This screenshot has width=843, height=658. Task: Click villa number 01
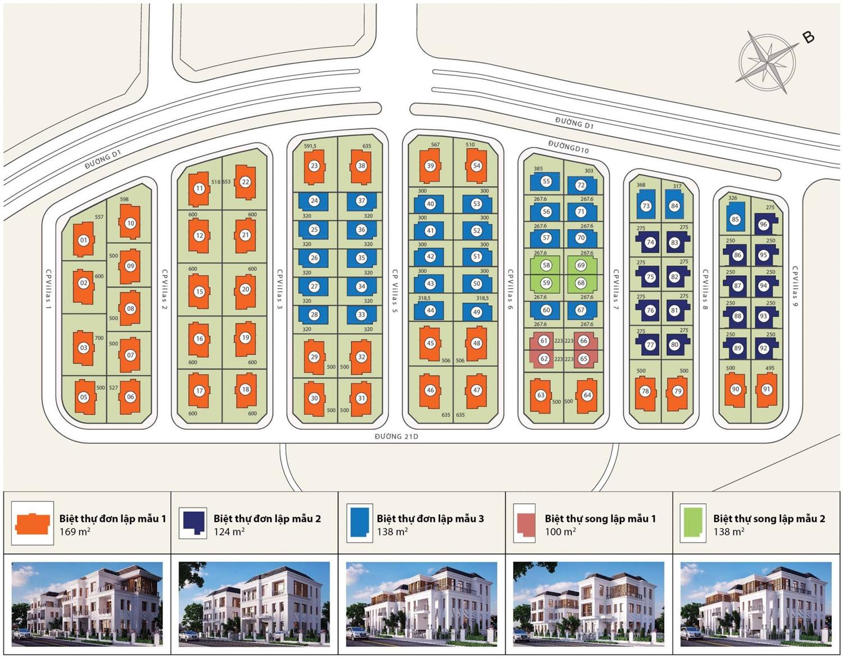tap(84, 240)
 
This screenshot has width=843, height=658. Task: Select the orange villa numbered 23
tap(314, 166)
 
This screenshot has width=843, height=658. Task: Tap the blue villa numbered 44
tap(430, 310)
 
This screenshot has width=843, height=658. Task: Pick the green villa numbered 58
tap(546, 265)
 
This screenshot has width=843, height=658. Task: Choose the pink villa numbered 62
tap(543, 359)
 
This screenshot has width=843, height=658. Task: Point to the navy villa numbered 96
tap(763, 224)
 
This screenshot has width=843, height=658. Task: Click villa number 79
tap(677, 391)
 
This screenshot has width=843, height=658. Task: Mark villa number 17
tap(200, 391)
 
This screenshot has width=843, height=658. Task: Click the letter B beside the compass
tap(808, 37)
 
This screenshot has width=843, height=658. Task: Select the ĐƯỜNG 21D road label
tap(396, 436)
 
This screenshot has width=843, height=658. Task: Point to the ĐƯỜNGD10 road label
tap(568, 147)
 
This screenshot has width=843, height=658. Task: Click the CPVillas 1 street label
tap(48, 291)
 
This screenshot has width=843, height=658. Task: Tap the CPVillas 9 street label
tap(796, 286)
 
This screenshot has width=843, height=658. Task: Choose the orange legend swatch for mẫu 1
tap(33, 524)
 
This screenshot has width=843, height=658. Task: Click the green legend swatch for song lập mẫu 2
tap(692, 523)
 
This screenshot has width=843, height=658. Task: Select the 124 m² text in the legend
tap(229, 532)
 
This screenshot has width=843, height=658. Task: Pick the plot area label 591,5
tap(310, 146)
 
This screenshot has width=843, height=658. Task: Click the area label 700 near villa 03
tap(99, 338)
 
